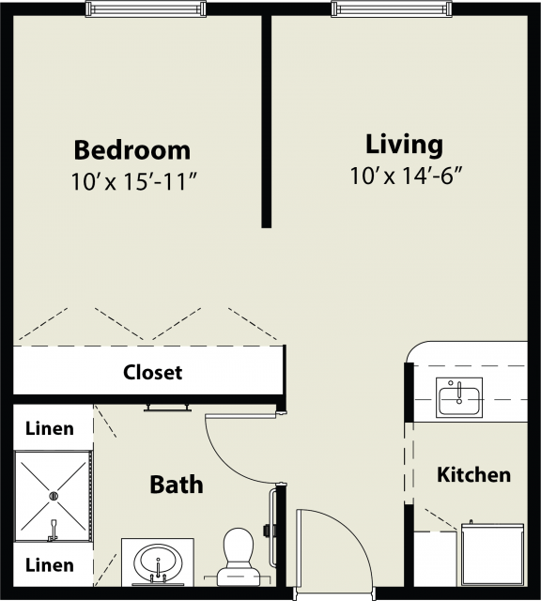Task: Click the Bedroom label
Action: pyautogui.click(x=131, y=150)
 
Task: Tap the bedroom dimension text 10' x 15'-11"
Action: pyautogui.click(x=134, y=181)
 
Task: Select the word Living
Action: pyautogui.click(x=404, y=145)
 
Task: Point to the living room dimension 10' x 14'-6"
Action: pyautogui.click(x=405, y=176)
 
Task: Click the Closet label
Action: pyautogui.click(x=152, y=372)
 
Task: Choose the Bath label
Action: pyautogui.click(x=176, y=485)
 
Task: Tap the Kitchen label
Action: pyautogui.click(x=474, y=475)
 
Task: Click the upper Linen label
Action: pyautogui.click(x=50, y=428)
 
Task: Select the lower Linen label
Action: pyautogui.click(x=50, y=565)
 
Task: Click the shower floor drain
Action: pyautogui.click(x=54, y=496)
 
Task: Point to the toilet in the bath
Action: pyautogui.click(x=239, y=557)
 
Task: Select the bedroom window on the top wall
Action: pyautogui.click(x=146, y=8)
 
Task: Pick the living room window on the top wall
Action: pyautogui.click(x=392, y=8)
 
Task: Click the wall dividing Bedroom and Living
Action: pyautogui.click(x=267, y=121)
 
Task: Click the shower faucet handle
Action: pyautogui.click(x=53, y=530)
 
